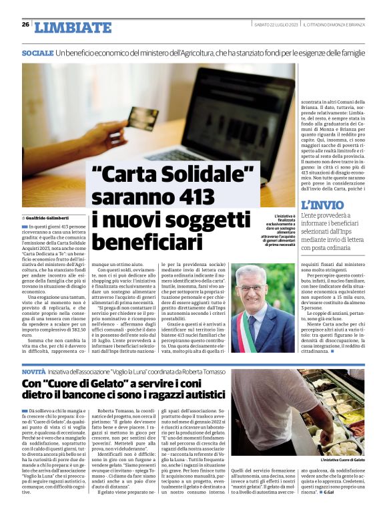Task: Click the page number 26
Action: (x=25, y=25)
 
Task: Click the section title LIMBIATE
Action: (x=73, y=27)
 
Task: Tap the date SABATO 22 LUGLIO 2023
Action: (x=276, y=25)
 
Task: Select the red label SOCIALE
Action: (x=37, y=53)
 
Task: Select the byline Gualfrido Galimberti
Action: (x=51, y=219)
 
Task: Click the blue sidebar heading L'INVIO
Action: (x=323, y=205)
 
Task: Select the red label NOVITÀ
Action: (x=34, y=371)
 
